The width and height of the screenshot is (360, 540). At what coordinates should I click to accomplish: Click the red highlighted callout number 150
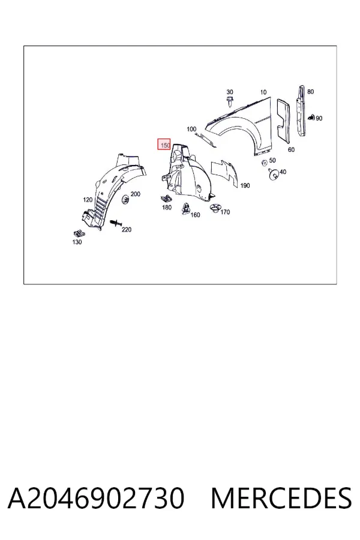pos(164,145)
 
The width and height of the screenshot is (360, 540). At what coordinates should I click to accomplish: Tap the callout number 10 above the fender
pos(263,92)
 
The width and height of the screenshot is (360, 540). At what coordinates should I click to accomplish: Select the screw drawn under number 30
pos(229,101)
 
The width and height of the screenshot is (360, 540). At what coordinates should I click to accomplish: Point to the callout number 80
pos(310,92)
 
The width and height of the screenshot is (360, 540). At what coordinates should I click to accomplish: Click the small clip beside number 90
pos(311,118)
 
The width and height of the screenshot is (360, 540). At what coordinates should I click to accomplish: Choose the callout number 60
pos(291,149)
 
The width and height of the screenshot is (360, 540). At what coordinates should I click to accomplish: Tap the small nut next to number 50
pos(265,163)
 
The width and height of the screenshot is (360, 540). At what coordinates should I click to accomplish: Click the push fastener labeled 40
pos(274,175)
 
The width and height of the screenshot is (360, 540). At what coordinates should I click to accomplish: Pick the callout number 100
pos(191,129)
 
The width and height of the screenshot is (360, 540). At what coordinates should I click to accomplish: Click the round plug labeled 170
pos(215,208)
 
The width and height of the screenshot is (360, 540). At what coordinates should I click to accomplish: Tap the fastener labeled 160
pos(186,208)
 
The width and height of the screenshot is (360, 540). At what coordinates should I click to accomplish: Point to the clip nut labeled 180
pos(166,199)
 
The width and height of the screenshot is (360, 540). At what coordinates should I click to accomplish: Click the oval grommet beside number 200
pos(125,200)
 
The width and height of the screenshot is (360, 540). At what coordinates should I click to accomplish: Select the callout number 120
pos(88,200)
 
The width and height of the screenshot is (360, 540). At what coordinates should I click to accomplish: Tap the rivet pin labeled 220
pos(116,224)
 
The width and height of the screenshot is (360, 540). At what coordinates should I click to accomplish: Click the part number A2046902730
pos(96,498)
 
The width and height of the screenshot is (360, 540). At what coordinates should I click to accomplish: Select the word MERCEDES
pos(281,498)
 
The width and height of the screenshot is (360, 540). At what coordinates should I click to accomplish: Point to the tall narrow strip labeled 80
pos(301,111)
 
